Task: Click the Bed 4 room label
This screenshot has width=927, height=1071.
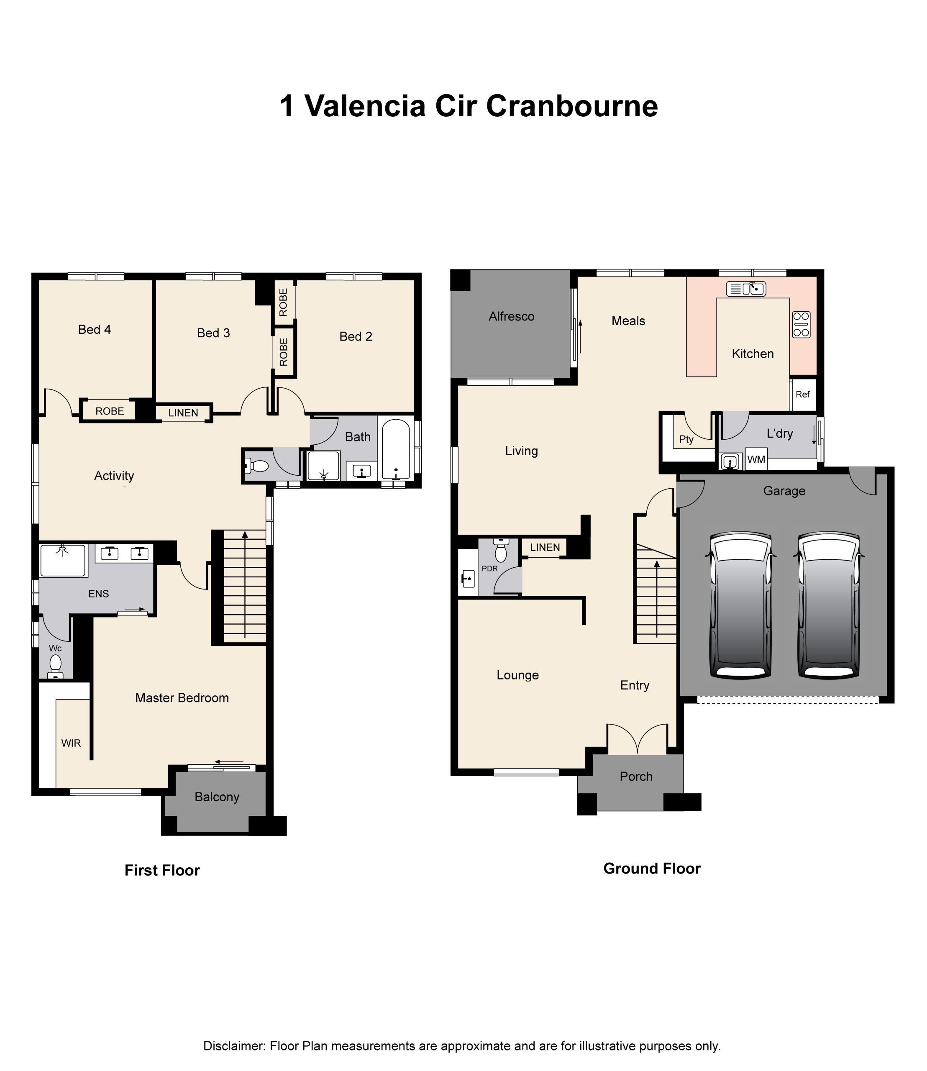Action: (x=94, y=330)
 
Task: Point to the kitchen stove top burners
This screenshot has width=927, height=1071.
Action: (x=802, y=324)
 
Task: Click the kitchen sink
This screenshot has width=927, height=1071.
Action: (x=746, y=289)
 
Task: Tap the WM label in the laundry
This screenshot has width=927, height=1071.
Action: (x=756, y=459)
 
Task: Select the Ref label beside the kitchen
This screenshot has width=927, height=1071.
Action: (x=802, y=394)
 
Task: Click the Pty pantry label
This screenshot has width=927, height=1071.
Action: (x=686, y=439)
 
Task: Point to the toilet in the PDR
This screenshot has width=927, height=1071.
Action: (x=501, y=549)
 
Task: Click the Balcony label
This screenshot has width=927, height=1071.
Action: (x=217, y=797)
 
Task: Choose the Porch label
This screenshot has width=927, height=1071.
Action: (x=636, y=776)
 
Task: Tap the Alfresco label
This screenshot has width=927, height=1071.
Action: (x=511, y=317)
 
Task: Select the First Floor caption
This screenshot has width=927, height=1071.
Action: (x=162, y=870)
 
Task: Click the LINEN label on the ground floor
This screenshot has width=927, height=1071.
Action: (x=545, y=547)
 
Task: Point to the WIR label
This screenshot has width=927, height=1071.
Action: (x=71, y=743)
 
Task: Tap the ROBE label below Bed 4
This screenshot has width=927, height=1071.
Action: (x=110, y=411)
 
